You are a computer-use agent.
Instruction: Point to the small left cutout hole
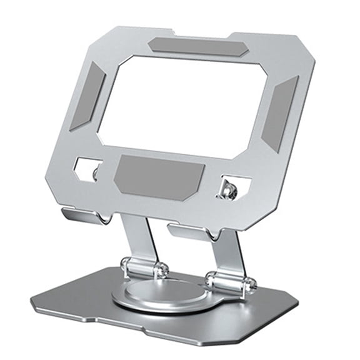[87, 168]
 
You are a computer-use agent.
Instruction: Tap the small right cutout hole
[234, 187]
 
